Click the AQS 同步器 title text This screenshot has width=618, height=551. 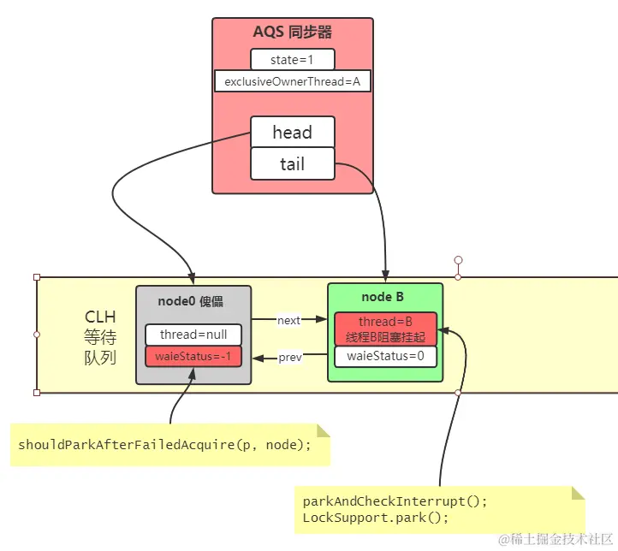[x=292, y=33]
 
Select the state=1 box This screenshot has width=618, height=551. [x=292, y=59]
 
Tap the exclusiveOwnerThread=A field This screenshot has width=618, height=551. [x=292, y=81]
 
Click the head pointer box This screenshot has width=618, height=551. [x=292, y=133]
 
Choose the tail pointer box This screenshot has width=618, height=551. [x=292, y=163]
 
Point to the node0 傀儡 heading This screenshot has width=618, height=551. [x=193, y=301]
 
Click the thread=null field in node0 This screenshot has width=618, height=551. [x=193, y=335]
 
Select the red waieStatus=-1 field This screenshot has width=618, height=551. [x=193, y=357]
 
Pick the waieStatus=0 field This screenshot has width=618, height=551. [x=385, y=356]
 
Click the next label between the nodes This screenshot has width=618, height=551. [x=289, y=320]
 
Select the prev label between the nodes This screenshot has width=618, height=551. [x=290, y=358]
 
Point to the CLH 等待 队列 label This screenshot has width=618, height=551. [x=100, y=337]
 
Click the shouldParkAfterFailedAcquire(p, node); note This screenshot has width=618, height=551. [x=165, y=445]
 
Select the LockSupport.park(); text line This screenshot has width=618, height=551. [x=375, y=518]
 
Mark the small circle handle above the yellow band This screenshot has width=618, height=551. [x=458, y=260]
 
